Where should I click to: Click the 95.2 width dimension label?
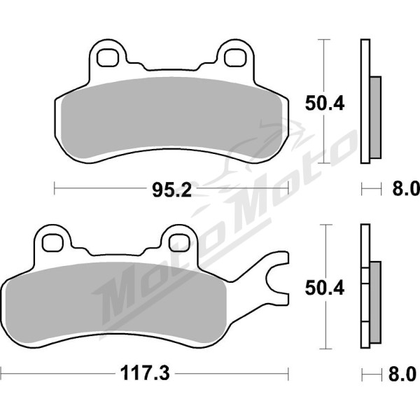coord(172,190)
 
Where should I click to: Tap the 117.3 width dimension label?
coord(145,373)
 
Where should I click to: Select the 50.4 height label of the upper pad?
coord(324,103)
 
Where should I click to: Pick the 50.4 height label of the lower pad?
coord(324,288)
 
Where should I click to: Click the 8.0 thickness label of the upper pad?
coord(406,188)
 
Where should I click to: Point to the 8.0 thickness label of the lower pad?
coord(402,374)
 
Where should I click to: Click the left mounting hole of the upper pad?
coord(108,57)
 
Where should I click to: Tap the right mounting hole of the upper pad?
coord(235,57)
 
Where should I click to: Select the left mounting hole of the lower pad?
coord(53,243)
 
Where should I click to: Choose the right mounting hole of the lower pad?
coord(179,243)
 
